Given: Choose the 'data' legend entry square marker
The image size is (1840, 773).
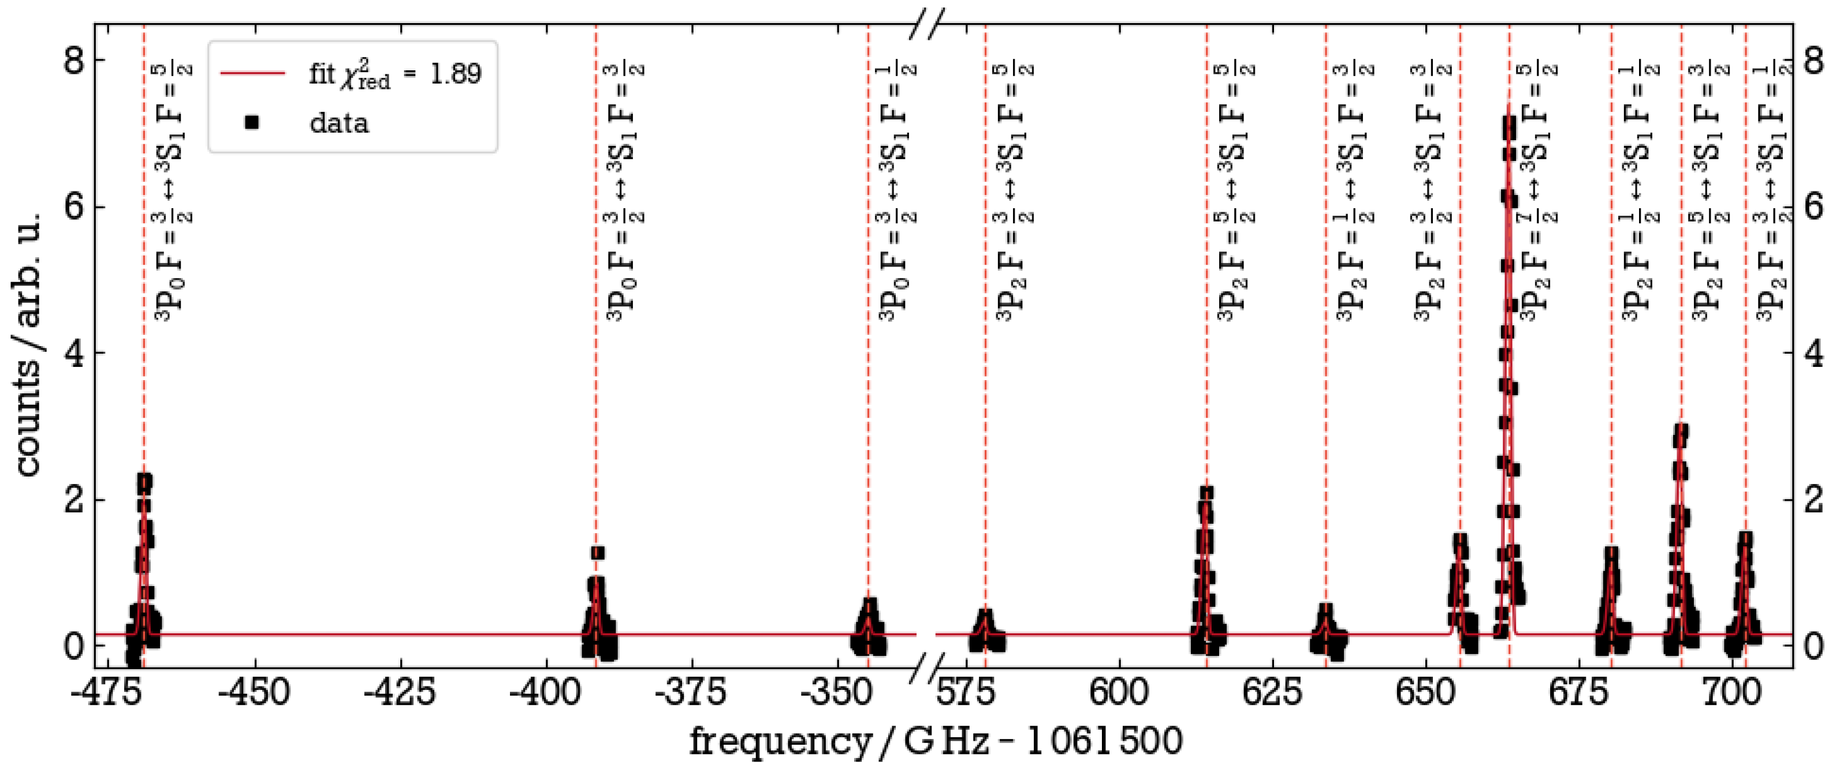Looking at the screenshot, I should click(x=251, y=123).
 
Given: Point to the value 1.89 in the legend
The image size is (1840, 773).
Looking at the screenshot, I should click(x=455, y=73).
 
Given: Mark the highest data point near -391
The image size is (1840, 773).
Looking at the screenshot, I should click(x=598, y=553).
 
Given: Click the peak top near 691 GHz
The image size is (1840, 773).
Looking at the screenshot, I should click(x=1681, y=431).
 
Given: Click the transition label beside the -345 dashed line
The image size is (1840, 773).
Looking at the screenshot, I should click(x=897, y=193).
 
